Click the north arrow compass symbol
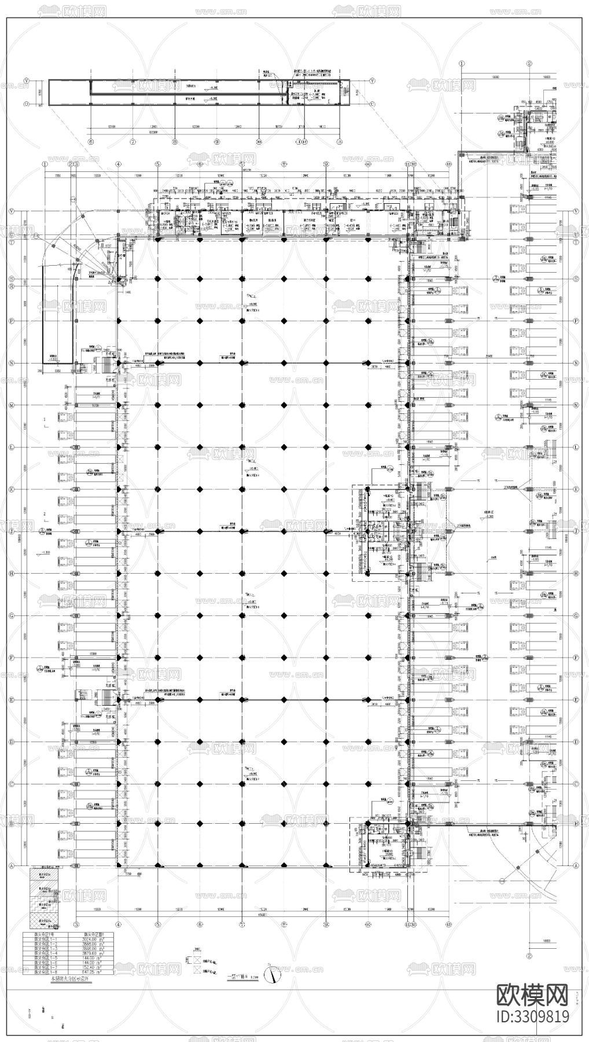coord(270,974)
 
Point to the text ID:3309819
coord(533,1016)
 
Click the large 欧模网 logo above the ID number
coord(533,995)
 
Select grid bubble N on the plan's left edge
coord(27,363)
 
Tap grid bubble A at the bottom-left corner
coord(27,865)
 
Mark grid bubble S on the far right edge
coord(576,279)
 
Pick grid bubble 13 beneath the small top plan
coord(340,141)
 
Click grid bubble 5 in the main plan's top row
coord(157,164)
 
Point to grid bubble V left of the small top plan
coord(27,81)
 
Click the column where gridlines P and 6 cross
coord(200,321)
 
